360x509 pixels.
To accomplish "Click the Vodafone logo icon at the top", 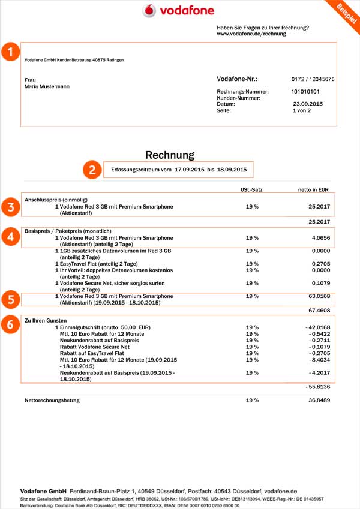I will (x=151, y=11).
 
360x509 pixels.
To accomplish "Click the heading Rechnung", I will (x=170, y=155).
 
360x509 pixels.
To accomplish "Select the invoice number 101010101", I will (x=305, y=92).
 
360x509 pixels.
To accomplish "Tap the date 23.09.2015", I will (x=307, y=104).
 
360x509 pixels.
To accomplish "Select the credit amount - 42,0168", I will (x=318, y=327).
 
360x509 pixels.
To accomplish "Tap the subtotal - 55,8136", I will (x=318, y=387).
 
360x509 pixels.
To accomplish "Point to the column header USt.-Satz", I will (x=252, y=189).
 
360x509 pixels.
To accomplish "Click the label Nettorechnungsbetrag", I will (x=52, y=399).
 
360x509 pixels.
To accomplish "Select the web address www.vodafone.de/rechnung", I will (x=251, y=34).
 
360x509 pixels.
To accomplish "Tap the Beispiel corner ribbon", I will (x=346, y=11).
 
